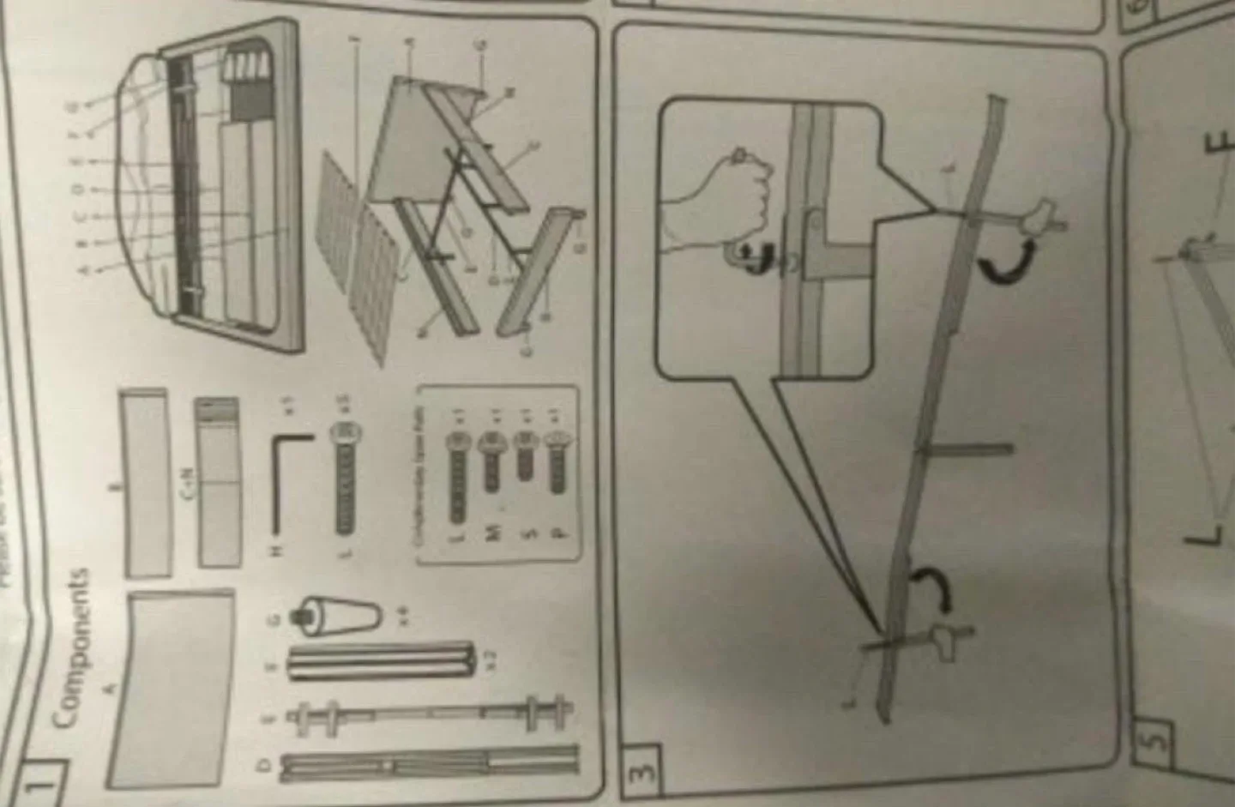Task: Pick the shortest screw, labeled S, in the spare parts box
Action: pyautogui.click(x=523, y=456)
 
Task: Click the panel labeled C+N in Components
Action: pyautogui.click(x=219, y=480)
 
